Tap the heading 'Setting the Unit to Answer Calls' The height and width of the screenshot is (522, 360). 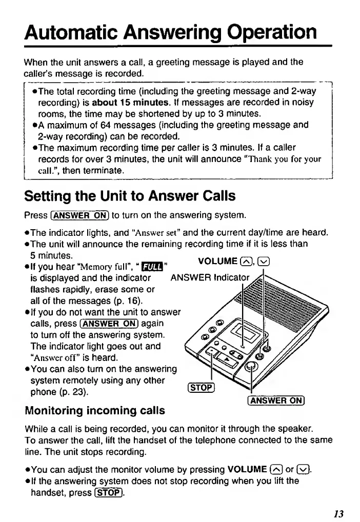[x=130, y=195]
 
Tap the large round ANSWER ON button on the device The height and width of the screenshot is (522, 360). [x=251, y=366]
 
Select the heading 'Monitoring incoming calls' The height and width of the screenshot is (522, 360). [x=95, y=410]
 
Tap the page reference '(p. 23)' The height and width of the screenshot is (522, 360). [x=72, y=392]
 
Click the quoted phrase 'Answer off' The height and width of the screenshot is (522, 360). [x=60, y=357]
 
